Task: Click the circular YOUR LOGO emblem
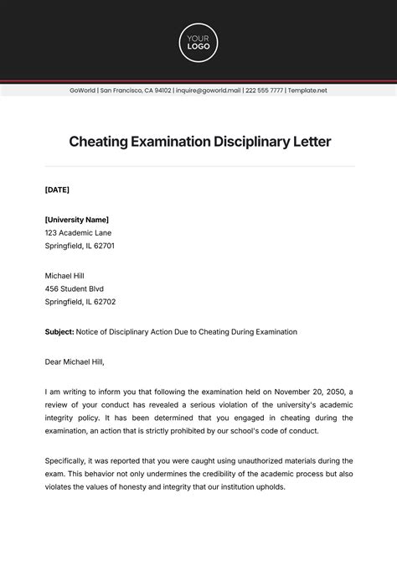(198, 43)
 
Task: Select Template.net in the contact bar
(307, 91)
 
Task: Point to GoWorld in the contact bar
(83, 91)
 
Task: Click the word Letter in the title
(309, 142)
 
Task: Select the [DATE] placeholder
(58, 190)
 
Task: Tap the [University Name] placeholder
(77, 220)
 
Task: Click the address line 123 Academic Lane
(78, 233)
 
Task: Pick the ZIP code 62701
(103, 247)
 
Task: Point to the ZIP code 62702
(103, 302)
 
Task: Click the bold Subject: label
(59, 332)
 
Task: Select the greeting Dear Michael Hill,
(75, 362)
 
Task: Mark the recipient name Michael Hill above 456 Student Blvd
(64, 275)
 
